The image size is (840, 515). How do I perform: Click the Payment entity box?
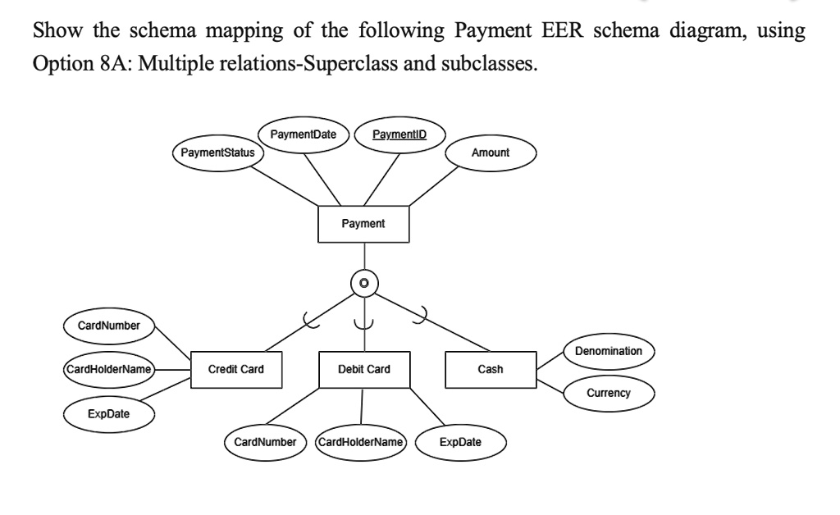(x=363, y=224)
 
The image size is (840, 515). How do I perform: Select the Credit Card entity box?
(x=236, y=369)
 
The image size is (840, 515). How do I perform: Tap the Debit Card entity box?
(x=364, y=369)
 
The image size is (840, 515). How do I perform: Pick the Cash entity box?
(x=491, y=369)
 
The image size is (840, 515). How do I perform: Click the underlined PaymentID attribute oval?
(x=399, y=134)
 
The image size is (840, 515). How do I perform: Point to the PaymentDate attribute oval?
(x=304, y=134)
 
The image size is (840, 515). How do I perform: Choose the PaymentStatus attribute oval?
(x=217, y=153)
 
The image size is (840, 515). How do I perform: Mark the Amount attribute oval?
(x=491, y=153)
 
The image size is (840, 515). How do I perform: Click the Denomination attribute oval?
(x=609, y=351)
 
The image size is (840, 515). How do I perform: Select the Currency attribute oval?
(x=609, y=393)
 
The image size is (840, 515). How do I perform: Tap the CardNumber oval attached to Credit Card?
(x=109, y=326)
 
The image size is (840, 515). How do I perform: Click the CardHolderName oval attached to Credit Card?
(x=109, y=370)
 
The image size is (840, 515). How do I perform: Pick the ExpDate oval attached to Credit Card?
(x=109, y=413)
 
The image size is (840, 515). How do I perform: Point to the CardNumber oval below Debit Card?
(x=265, y=442)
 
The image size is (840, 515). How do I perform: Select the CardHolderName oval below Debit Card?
(x=361, y=442)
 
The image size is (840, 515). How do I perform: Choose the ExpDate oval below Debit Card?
(x=461, y=442)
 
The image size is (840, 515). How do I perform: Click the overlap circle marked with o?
(x=364, y=283)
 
